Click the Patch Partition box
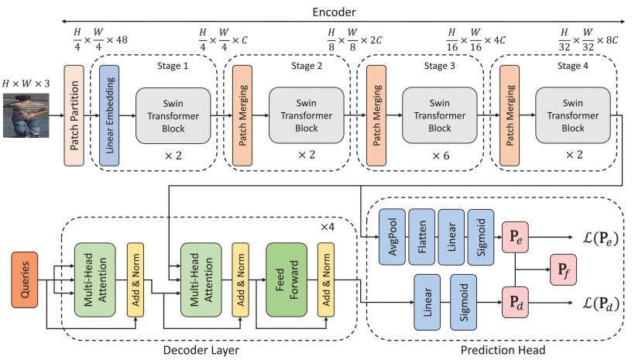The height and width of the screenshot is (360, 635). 74,115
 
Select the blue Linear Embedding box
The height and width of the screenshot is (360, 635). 108,115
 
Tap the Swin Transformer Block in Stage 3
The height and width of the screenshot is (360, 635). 439,115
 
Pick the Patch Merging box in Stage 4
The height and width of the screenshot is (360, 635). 509,115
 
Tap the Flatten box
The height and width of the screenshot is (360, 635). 420,235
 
